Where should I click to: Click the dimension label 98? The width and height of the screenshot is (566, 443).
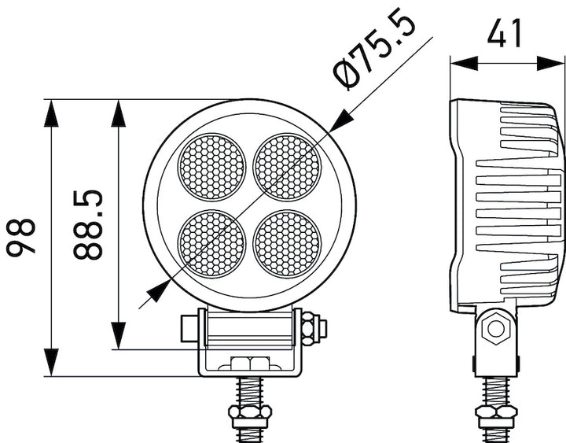point(24,238)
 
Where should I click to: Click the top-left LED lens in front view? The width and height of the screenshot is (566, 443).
point(211,167)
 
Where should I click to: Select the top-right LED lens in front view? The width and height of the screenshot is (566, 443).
point(288,167)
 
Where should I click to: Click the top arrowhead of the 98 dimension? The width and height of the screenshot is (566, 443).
point(52,113)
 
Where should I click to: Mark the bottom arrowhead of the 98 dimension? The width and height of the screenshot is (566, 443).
point(52,363)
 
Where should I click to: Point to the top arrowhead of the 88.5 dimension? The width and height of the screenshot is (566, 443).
point(119,113)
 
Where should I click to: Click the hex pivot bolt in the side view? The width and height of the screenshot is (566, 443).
point(495,328)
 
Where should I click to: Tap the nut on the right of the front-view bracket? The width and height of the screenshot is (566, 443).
point(311,327)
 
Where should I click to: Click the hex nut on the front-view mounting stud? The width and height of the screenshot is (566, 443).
point(249,412)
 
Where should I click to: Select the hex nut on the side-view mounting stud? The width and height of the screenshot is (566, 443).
point(497,412)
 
